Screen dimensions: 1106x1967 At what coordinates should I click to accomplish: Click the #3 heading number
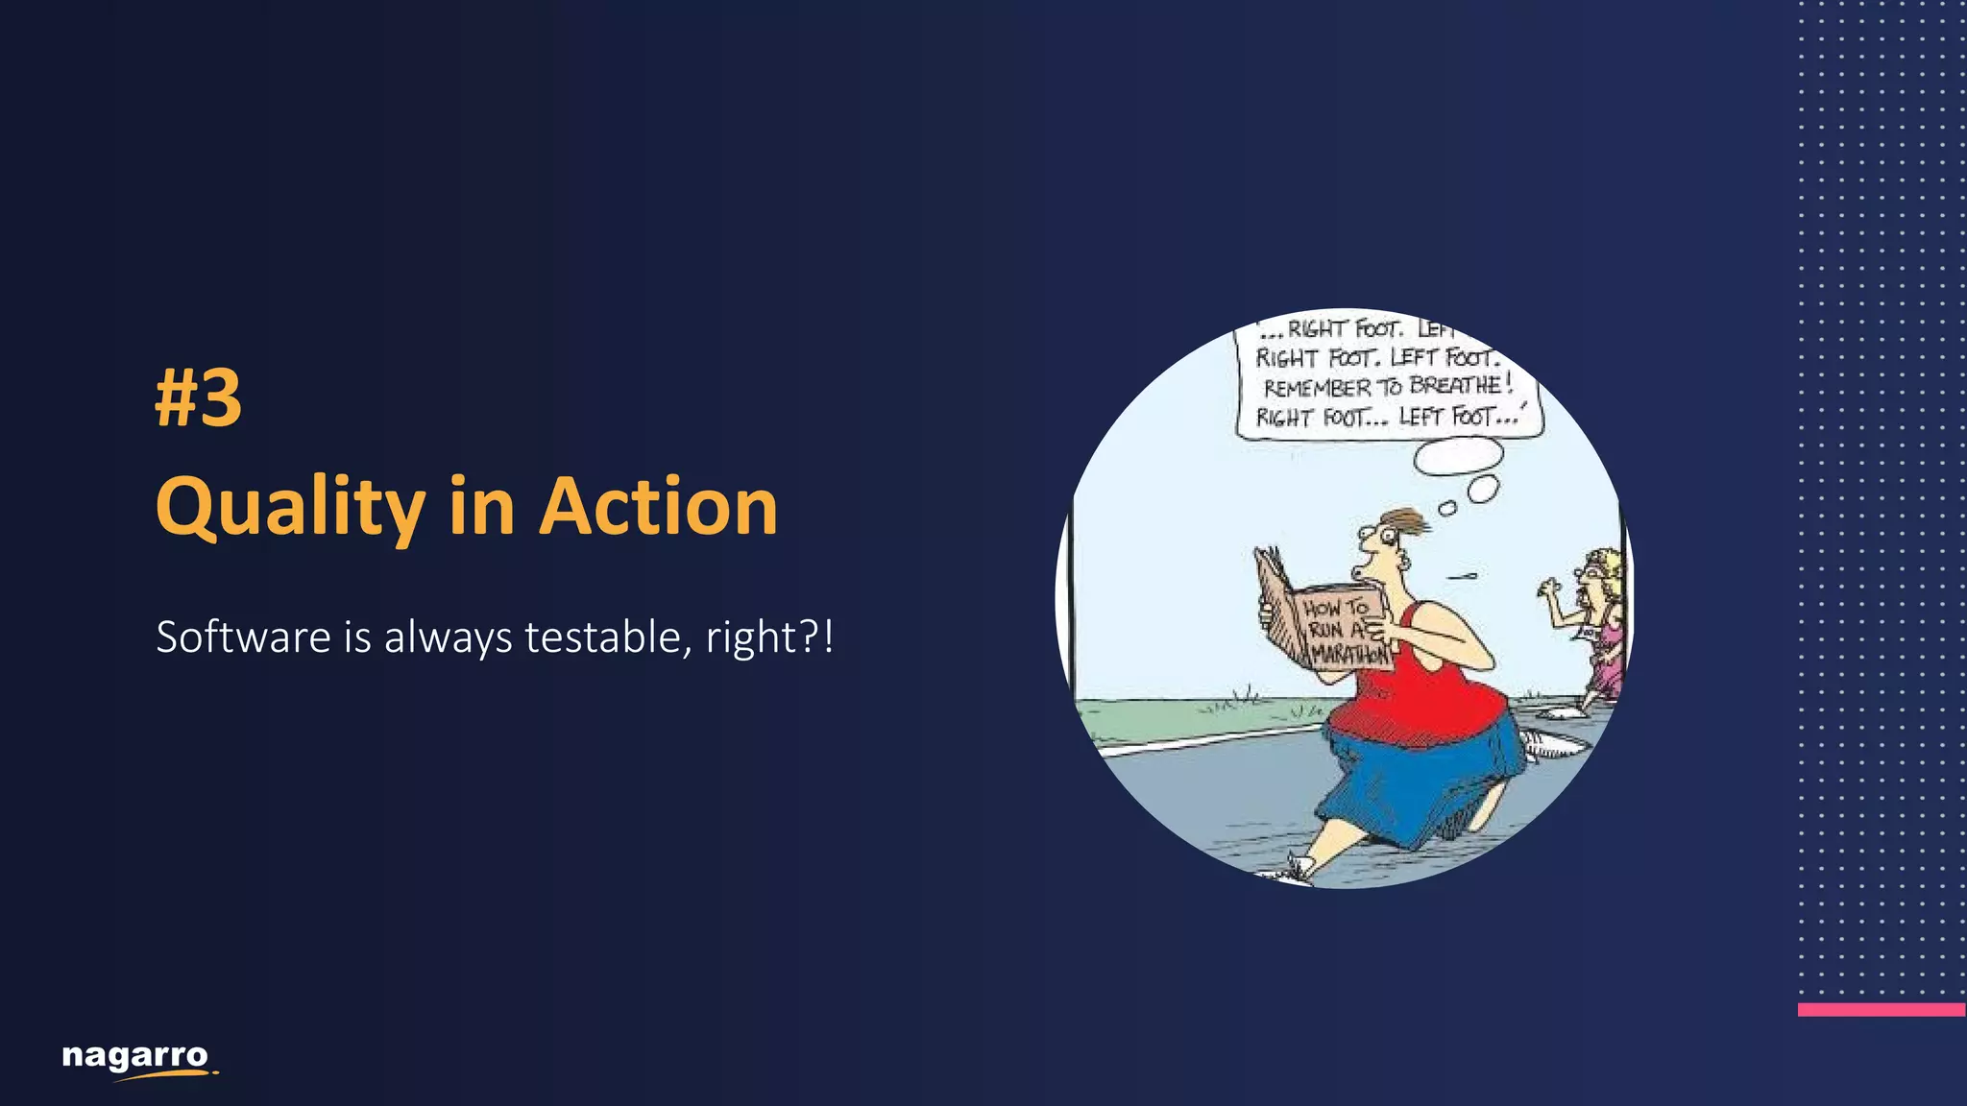pyautogui.click(x=199, y=398)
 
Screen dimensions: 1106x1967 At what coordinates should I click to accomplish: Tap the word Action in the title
pyautogui.click(x=658, y=507)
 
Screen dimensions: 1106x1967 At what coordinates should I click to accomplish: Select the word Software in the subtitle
pyautogui.click(x=243, y=637)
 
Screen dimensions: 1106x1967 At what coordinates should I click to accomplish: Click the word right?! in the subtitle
pyautogui.click(x=769, y=637)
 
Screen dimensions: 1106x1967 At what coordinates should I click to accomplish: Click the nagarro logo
pyautogui.click(x=135, y=1058)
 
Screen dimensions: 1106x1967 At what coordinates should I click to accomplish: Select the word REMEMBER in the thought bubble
pyautogui.click(x=1317, y=389)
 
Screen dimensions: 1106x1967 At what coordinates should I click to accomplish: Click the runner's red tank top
pyautogui.click(x=1421, y=691)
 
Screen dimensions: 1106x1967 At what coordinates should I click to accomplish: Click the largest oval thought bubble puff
pyautogui.click(x=1458, y=456)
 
